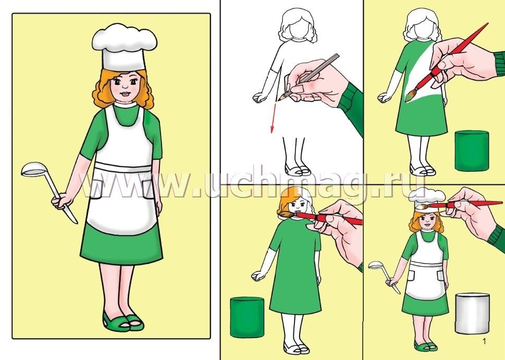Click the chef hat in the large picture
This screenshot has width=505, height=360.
click(x=124, y=47)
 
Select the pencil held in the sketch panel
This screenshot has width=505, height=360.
click(x=311, y=76)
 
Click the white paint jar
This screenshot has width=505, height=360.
click(x=472, y=313)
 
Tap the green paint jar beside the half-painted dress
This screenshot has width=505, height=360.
click(x=472, y=151)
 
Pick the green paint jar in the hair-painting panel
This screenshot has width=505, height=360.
click(x=247, y=317)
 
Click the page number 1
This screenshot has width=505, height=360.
click(x=484, y=341)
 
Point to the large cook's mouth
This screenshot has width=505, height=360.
click(x=125, y=94)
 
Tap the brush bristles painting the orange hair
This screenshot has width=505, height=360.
click(x=285, y=215)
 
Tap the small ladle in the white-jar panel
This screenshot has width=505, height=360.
click(x=384, y=276)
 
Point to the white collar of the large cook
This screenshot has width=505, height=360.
click(x=125, y=104)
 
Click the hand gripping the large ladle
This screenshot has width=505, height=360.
click(x=61, y=202)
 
